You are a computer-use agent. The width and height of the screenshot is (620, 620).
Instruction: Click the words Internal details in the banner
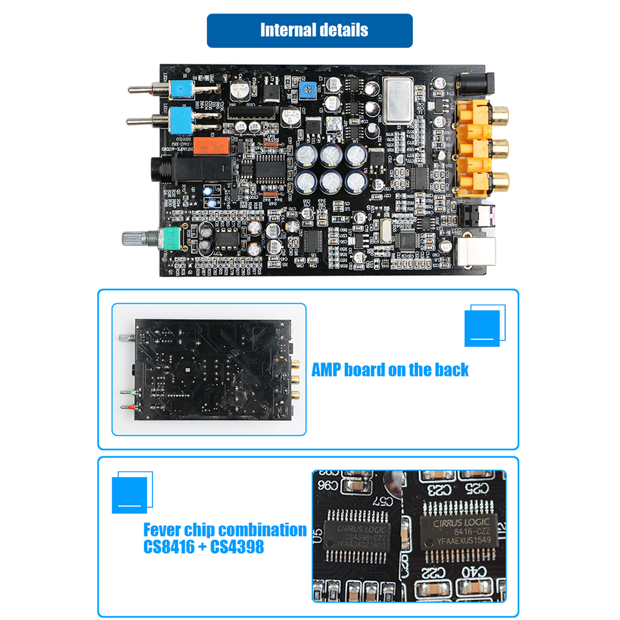[x=314, y=30]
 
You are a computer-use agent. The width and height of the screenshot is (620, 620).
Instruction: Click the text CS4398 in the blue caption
[x=237, y=547]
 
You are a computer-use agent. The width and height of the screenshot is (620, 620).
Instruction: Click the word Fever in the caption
[x=163, y=530]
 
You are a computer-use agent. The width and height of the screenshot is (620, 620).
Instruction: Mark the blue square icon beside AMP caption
[x=482, y=327]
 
